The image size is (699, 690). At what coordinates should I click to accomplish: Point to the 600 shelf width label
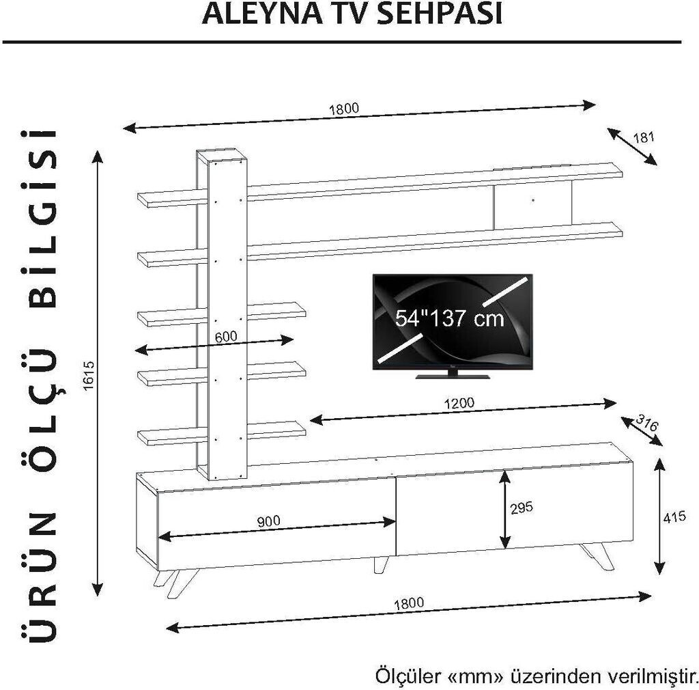pyautogui.click(x=225, y=336)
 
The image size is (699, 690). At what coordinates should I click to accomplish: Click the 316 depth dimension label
pyautogui.click(x=646, y=422)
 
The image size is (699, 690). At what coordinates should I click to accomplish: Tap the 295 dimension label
pyautogui.click(x=521, y=508)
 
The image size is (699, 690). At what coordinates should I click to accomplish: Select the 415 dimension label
pyautogui.click(x=674, y=517)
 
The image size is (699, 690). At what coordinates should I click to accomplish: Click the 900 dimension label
pyautogui.click(x=269, y=521)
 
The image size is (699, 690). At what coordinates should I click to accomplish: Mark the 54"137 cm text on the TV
pyautogui.click(x=450, y=318)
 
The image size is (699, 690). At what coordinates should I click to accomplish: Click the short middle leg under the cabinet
pyautogui.click(x=380, y=564)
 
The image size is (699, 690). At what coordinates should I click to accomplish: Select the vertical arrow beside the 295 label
pyautogui.click(x=504, y=508)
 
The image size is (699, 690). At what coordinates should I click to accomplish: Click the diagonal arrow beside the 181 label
pyautogui.click(x=631, y=146)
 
